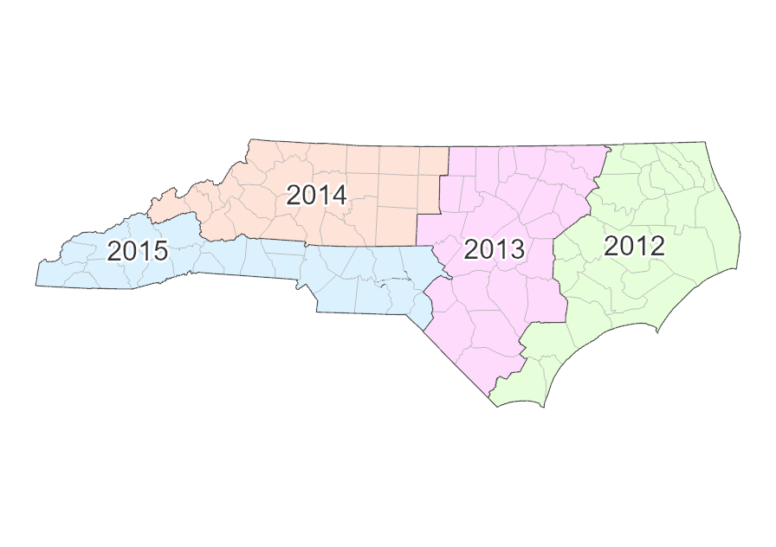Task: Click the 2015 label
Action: (x=137, y=252)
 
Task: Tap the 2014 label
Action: (x=316, y=196)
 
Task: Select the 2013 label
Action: (x=495, y=249)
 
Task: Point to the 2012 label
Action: (x=634, y=246)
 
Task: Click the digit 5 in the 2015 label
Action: (x=158, y=252)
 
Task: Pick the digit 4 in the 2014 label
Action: (x=339, y=196)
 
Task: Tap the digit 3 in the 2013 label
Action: (x=517, y=249)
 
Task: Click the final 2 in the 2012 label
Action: (x=656, y=246)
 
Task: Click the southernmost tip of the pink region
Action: (x=490, y=401)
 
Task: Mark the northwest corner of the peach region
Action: (x=248, y=140)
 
